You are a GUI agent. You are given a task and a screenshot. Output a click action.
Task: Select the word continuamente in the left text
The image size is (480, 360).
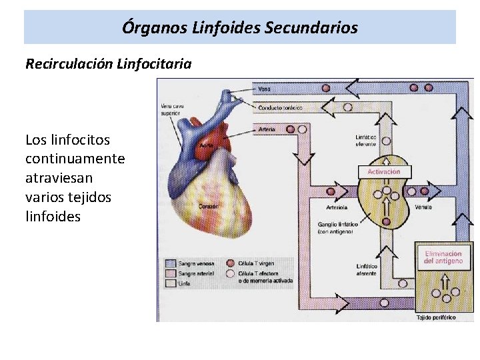click(75, 159)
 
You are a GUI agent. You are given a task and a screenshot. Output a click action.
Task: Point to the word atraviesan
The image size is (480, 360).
click(59, 178)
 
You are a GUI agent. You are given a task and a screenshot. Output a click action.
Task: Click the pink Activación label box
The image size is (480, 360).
click(384, 171)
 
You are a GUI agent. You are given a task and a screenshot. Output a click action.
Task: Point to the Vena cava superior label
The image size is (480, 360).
click(173, 108)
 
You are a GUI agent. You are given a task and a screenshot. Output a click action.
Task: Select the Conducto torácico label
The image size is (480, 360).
click(280, 107)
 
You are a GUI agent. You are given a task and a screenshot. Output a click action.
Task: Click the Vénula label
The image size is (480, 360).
click(423, 207)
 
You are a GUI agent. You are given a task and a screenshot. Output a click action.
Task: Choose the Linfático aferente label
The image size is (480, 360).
click(366, 270)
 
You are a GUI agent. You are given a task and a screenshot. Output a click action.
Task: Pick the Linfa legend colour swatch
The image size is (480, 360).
click(170, 283)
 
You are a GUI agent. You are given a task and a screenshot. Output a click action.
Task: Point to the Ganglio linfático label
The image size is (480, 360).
click(338, 227)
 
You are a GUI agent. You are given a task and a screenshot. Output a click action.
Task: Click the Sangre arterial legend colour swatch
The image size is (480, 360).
click(170, 273)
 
